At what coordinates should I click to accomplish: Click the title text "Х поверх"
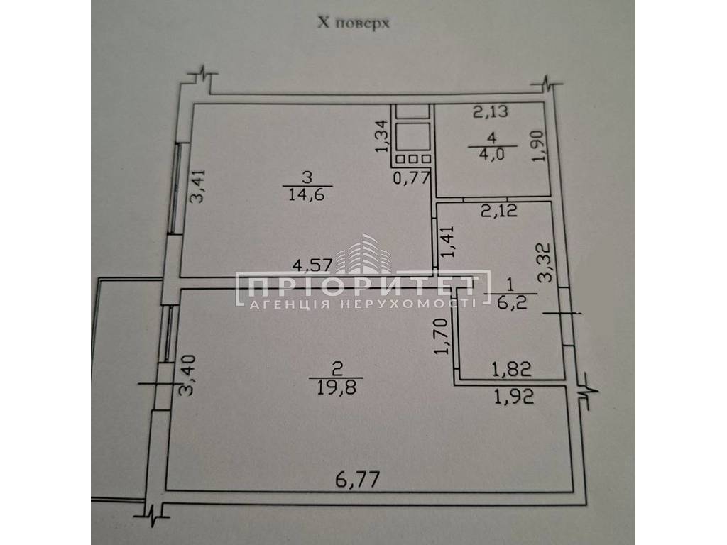354,23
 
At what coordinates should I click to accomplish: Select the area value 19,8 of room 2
337,387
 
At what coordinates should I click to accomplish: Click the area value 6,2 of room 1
510,304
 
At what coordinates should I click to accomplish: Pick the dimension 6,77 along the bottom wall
358,480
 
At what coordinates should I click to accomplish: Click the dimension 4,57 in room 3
312,265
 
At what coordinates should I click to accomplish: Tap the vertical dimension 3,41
197,187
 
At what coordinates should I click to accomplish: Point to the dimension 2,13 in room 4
491,111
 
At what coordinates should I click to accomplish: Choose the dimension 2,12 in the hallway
499,211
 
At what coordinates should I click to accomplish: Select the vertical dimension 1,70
443,336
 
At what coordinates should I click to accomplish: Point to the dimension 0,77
412,177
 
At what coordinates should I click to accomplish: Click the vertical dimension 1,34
381,136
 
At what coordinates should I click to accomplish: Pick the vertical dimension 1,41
449,241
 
